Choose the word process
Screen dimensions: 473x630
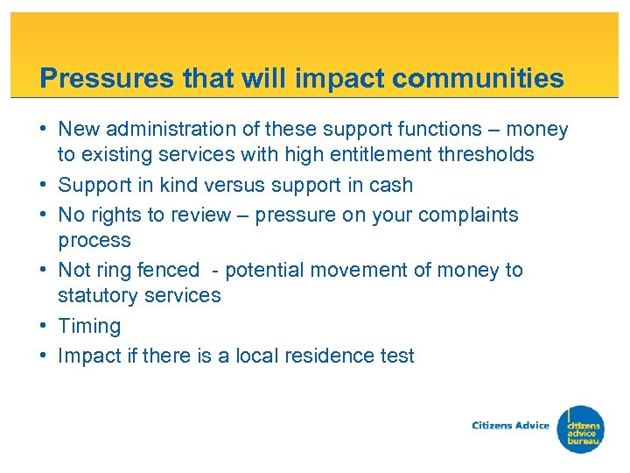94,241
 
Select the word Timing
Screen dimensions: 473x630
89,327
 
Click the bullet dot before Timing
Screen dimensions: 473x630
44,326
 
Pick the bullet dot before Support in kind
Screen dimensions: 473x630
44,186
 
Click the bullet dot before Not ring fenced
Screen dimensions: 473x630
44,271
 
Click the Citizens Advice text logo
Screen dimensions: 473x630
510,426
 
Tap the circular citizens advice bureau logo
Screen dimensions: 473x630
582,428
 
